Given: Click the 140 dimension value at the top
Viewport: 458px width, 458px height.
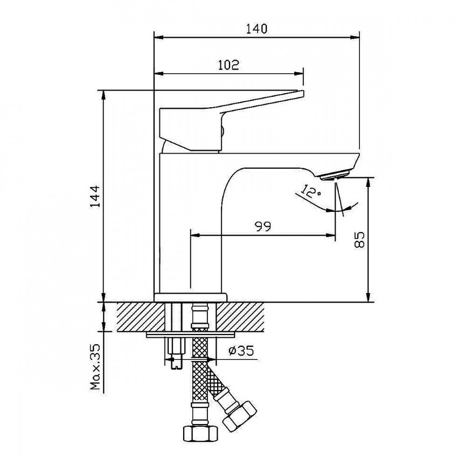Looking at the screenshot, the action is tap(256, 29).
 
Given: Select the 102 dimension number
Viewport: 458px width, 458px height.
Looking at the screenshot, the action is tap(228, 65).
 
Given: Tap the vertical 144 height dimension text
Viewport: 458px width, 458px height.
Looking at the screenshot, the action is tap(95, 196).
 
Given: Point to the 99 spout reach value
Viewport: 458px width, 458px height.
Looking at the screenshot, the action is tap(263, 226).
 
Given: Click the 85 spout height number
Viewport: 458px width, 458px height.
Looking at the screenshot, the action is tap(359, 240).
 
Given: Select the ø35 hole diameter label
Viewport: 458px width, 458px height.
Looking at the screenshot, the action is tap(241, 351).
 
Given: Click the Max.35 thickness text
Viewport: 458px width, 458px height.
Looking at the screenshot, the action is tap(95, 367).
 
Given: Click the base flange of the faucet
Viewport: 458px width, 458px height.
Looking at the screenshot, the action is tap(190, 297).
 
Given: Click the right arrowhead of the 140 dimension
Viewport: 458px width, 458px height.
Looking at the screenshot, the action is tap(355, 37).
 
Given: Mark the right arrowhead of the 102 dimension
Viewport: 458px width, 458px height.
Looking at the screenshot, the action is tap(299, 74).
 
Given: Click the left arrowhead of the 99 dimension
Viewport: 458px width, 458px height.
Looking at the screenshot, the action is tap(196, 235).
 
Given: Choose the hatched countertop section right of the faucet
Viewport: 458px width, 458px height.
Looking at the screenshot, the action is tap(240, 317).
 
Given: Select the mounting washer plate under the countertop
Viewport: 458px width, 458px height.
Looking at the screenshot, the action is tap(191, 335).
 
